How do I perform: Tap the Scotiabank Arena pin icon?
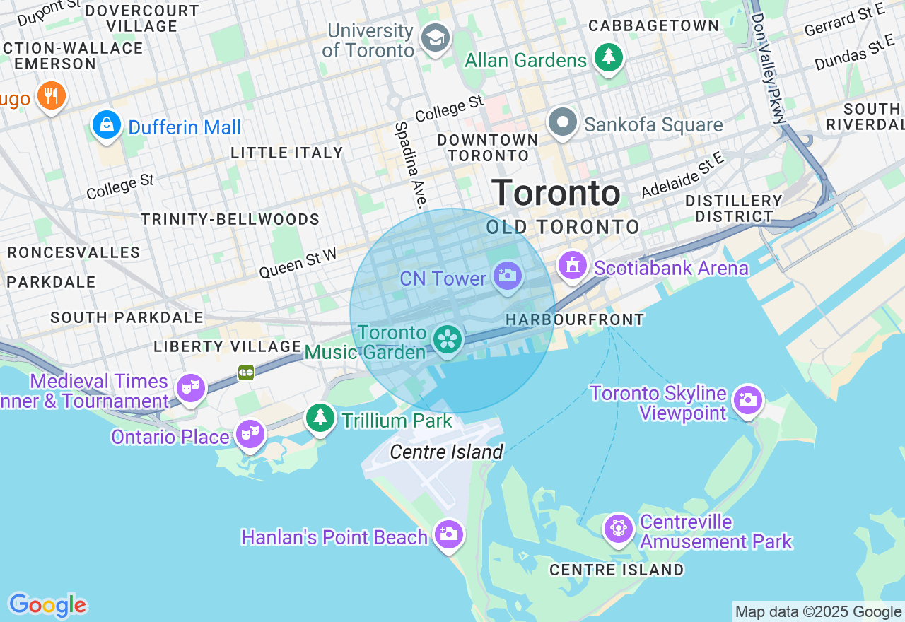(x=573, y=266)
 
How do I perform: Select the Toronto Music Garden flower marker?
(x=448, y=339)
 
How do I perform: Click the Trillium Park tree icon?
(x=320, y=417)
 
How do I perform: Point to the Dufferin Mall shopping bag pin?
(x=107, y=125)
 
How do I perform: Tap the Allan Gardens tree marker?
(x=608, y=57)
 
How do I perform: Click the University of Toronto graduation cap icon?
(x=436, y=37)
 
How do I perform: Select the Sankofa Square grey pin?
(x=563, y=122)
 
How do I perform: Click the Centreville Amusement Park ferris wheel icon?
(x=619, y=527)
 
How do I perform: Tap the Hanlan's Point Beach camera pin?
(x=449, y=534)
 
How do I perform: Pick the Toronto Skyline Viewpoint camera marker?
(x=748, y=400)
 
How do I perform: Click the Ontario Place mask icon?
(x=250, y=433)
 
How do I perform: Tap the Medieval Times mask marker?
(x=191, y=387)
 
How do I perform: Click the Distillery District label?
(x=733, y=209)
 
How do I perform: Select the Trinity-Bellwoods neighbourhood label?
(x=230, y=219)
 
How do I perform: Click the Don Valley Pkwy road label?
(x=769, y=67)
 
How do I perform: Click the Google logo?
(x=47, y=606)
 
